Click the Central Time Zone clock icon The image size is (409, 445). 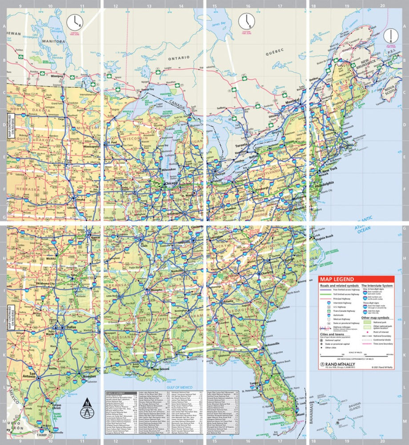click(x=75, y=22)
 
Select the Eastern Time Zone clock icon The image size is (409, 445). click(x=245, y=21)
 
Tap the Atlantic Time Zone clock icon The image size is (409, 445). click(x=391, y=35)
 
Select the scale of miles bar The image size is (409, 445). click(x=356, y=355)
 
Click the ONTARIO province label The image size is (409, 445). click(x=179, y=57)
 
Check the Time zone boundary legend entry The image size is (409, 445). click(x=383, y=344)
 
